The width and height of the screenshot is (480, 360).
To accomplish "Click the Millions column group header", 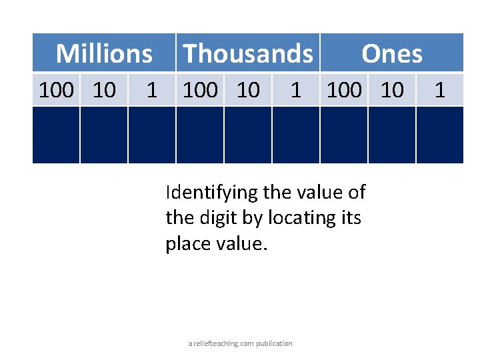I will click(104, 53).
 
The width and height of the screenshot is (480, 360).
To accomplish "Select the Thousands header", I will click(247, 53).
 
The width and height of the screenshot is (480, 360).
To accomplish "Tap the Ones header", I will click(391, 53).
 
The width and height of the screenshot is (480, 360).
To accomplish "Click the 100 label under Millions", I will click(56, 89).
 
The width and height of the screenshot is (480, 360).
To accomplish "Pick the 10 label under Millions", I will click(104, 89).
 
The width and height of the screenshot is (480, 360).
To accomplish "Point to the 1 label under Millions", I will click(151, 89).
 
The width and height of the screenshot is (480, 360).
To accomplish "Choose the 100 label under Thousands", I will click(200, 89).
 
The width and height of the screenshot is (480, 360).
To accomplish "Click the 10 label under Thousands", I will click(248, 89).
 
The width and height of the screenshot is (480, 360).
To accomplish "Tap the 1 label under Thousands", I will click(295, 89).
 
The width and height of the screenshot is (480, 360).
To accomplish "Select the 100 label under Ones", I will click(344, 89).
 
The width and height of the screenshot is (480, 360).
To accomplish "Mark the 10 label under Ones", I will click(392, 89).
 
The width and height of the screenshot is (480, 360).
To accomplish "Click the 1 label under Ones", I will click(439, 89).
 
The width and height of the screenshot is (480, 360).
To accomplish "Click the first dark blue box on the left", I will click(56, 135).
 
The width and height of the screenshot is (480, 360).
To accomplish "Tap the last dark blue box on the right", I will click(439, 135).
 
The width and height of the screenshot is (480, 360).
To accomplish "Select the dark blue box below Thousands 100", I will click(199, 135).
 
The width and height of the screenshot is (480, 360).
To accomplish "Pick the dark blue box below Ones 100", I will click(343, 135).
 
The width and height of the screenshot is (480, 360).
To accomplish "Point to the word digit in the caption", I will click(214, 218).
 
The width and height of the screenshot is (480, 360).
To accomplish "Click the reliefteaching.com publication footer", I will click(240, 343).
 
